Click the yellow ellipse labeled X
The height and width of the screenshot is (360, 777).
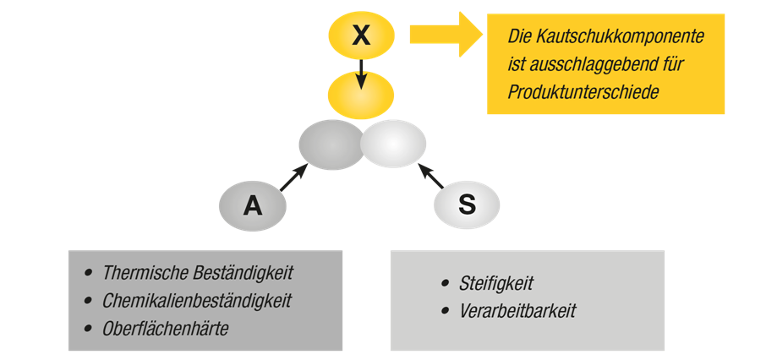click(361, 35)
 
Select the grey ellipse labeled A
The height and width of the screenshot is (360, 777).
click(252, 205)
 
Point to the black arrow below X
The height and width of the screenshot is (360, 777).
click(361, 74)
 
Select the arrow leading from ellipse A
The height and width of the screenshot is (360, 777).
click(293, 177)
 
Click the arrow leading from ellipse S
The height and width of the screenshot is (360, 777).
click(430, 176)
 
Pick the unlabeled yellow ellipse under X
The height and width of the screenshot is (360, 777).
click(361, 95)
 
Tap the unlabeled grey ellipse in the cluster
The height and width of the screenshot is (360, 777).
click(330, 145)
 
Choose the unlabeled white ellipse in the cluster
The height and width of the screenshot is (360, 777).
click(394, 144)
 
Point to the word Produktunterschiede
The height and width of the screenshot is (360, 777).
click(583, 91)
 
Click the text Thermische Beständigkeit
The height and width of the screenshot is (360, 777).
click(197, 273)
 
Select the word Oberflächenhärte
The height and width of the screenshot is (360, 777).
click(165, 329)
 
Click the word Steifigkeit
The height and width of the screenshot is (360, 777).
click(496, 283)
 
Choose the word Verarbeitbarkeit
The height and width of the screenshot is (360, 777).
click(517, 311)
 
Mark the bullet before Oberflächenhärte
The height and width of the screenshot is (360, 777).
click(88, 328)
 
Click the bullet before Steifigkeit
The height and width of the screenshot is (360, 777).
click(446, 283)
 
